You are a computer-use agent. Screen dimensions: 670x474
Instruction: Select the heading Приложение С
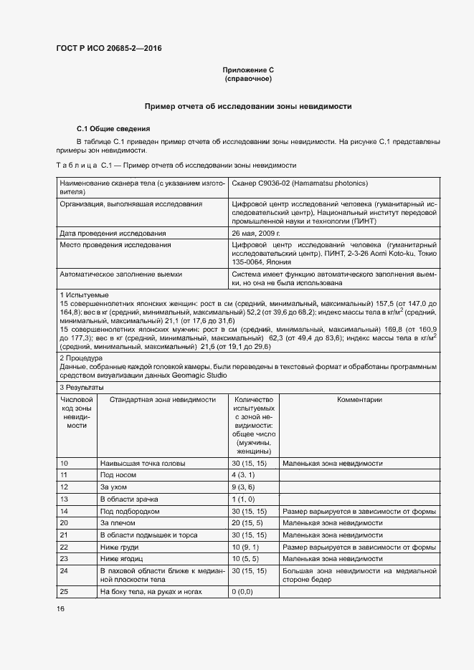coord(248,70)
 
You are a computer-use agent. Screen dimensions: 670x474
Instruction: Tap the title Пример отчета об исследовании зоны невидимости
coord(248,105)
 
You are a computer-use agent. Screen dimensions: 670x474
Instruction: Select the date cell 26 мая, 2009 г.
coord(256,233)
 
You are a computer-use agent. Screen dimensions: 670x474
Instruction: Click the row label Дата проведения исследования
coord(113,233)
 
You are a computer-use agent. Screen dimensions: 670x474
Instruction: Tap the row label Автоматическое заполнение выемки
coord(120,274)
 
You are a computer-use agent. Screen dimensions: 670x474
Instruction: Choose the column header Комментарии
coord(359,399)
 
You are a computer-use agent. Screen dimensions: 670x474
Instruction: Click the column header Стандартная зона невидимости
coord(158,399)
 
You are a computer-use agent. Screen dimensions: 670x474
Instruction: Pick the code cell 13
coord(64,498)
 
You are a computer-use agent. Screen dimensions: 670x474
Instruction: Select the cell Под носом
coord(117,475)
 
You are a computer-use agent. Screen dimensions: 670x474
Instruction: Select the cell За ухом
coord(114,487)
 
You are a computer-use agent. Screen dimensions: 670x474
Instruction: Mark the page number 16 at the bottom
coord(61,608)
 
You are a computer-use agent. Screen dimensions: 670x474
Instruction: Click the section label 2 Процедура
coord(82,357)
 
